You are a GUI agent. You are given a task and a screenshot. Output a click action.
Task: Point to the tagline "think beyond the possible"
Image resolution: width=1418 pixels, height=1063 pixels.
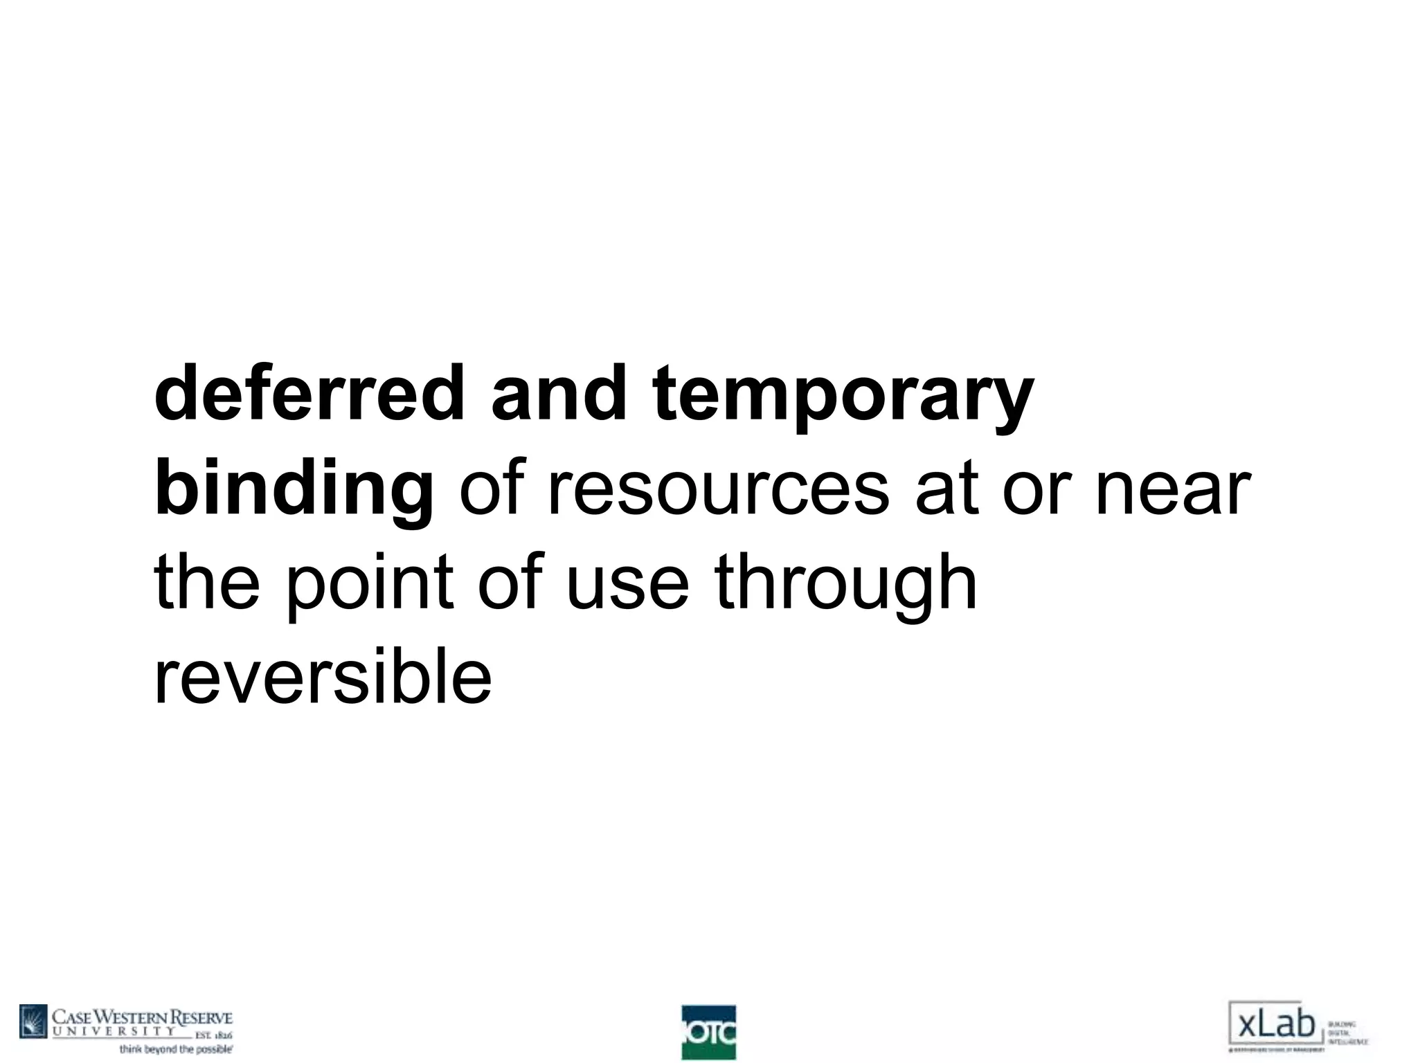[177, 1049]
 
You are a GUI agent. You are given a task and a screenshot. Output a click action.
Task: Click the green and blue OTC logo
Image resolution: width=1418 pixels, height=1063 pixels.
[708, 1032]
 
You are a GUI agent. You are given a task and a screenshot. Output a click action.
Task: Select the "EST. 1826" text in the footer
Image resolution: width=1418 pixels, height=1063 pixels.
[211, 1035]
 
